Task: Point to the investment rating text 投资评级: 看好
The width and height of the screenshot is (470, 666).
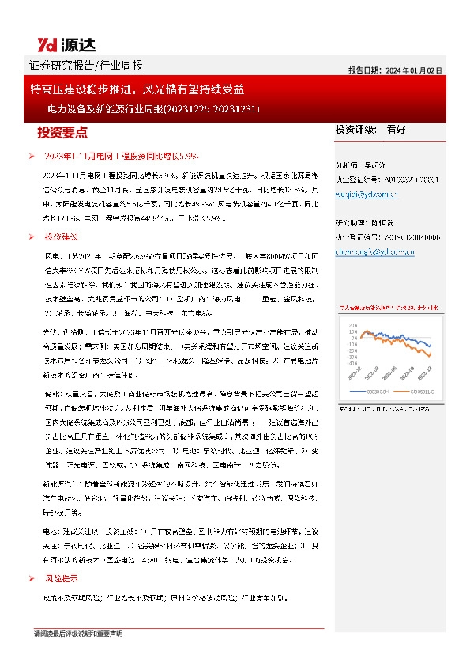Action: click(370, 129)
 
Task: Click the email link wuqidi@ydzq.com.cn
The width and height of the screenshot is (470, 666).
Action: click(367, 194)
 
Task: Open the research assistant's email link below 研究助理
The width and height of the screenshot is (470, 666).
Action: click(374, 251)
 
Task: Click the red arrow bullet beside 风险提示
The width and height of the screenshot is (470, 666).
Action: click(31, 578)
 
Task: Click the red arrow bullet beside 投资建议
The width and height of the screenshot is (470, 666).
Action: click(31, 237)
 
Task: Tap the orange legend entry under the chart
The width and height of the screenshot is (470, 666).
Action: click(412, 391)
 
